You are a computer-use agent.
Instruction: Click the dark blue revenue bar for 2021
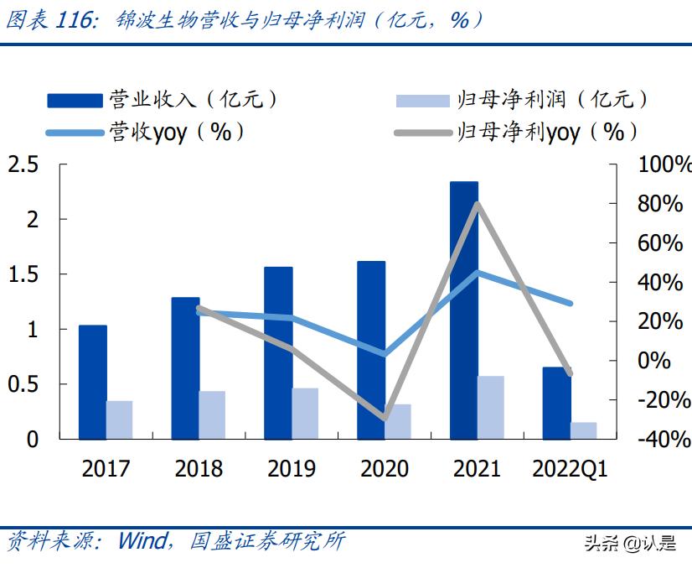point(464,310)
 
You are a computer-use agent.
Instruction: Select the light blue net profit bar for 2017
point(120,419)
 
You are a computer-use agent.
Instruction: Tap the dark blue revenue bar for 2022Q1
point(556,403)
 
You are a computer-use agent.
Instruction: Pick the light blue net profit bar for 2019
point(305,413)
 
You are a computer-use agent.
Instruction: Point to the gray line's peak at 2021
point(477,204)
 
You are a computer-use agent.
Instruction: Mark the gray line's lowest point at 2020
point(385,417)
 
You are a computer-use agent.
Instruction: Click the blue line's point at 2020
point(385,354)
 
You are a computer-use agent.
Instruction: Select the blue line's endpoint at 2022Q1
point(571,303)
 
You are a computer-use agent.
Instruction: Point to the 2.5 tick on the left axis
point(23,164)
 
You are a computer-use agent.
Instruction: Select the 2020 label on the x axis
point(385,468)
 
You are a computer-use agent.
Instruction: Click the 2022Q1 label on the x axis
point(570,468)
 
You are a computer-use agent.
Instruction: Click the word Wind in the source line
point(142,541)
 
